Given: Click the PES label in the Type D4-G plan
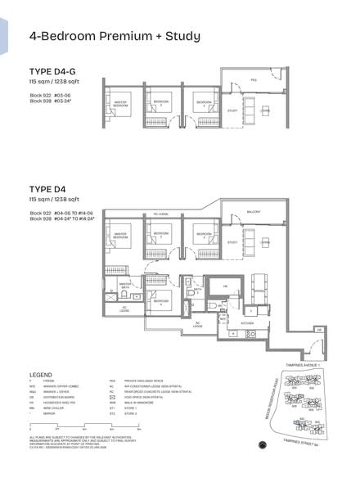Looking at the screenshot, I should [254, 81].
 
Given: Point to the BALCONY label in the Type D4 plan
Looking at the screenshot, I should [254, 212].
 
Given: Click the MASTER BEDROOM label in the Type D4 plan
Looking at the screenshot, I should [121, 235].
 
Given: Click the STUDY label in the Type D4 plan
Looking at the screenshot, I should [233, 242].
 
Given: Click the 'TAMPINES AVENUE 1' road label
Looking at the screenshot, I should [308, 371].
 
